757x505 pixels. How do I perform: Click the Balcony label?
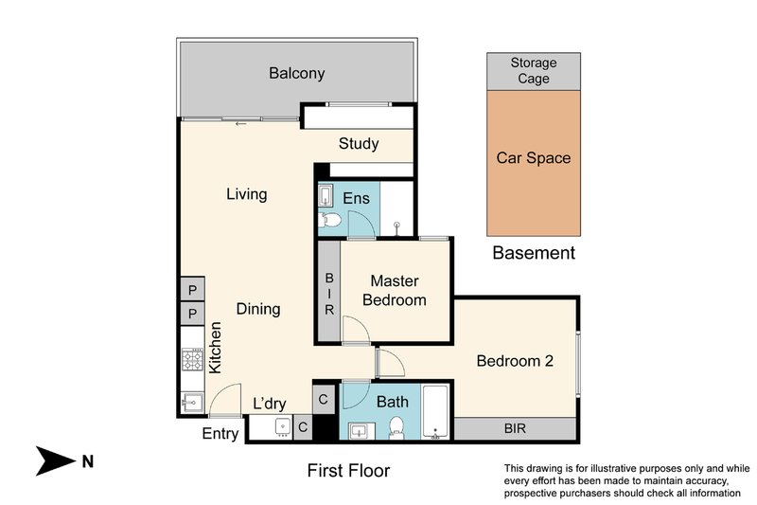coord(296,74)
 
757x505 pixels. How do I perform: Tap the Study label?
coord(359,143)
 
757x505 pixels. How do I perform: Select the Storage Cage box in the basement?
coord(534,71)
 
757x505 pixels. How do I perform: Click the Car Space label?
coord(534,158)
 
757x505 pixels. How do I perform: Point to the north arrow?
coord(56,460)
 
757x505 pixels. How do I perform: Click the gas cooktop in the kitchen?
coord(193,359)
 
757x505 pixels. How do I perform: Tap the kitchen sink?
coord(193,402)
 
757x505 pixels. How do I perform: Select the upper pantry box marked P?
coord(193,290)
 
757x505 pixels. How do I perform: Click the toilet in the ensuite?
coord(329,220)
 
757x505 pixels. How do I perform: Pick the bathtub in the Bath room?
coord(435,412)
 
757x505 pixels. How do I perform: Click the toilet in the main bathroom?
coord(396,428)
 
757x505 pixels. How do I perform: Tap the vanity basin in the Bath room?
coord(361,431)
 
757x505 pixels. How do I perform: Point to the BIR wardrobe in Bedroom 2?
coord(515,428)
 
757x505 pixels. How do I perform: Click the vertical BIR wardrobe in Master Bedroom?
coord(329,292)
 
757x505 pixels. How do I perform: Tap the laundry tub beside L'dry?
coord(282,427)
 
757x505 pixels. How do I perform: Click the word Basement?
coord(534,253)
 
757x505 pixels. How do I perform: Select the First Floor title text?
coord(348,470)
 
